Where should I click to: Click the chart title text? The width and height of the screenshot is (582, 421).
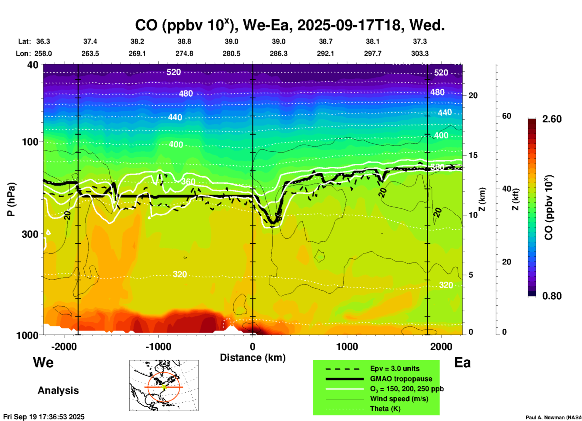[289, 25]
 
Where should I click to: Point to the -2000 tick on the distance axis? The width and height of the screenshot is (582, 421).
[64, 346]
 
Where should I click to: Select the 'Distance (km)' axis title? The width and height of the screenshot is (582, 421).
[253, 358]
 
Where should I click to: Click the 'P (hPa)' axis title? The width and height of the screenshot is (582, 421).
[11, 199]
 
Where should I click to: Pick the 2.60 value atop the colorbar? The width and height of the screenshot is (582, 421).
[552, 119]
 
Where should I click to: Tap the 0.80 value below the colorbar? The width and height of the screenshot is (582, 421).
[552, 296]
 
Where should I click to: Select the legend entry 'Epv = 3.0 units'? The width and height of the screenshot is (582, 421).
[395, 368]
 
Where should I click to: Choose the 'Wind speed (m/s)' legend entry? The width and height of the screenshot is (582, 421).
[399, 399]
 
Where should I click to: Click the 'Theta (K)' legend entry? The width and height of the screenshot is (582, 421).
[385, 409]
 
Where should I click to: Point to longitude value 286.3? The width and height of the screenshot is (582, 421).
[278, 53]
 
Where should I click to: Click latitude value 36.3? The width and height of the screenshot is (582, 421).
[43, 41]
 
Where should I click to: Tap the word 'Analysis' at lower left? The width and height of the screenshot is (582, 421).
[58, 390]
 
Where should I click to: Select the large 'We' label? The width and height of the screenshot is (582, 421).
[43, 362]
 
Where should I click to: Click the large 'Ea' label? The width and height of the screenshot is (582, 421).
[462, 362]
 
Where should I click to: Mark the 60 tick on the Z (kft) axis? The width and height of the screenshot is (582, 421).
[506, 116]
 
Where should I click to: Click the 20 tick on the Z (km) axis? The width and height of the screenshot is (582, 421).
[473, 95]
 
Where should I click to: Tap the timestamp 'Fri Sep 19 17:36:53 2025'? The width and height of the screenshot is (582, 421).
[44, 417]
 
